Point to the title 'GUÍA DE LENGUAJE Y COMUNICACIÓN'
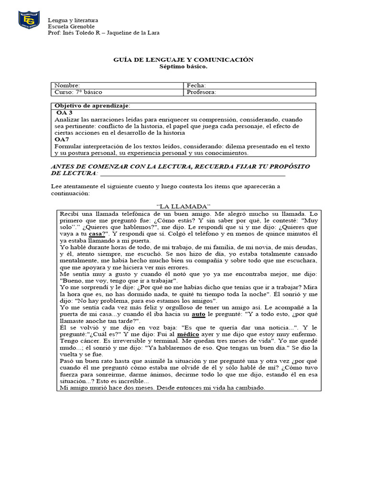pos(183,60)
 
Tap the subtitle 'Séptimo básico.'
pos(183,66)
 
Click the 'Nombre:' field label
pos(67,85)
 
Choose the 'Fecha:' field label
pos(196,85)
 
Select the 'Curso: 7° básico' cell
pos(78,92)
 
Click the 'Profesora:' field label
pos(202,92)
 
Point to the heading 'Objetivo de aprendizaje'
pos(92,106)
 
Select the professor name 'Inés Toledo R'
pos(80,33)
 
